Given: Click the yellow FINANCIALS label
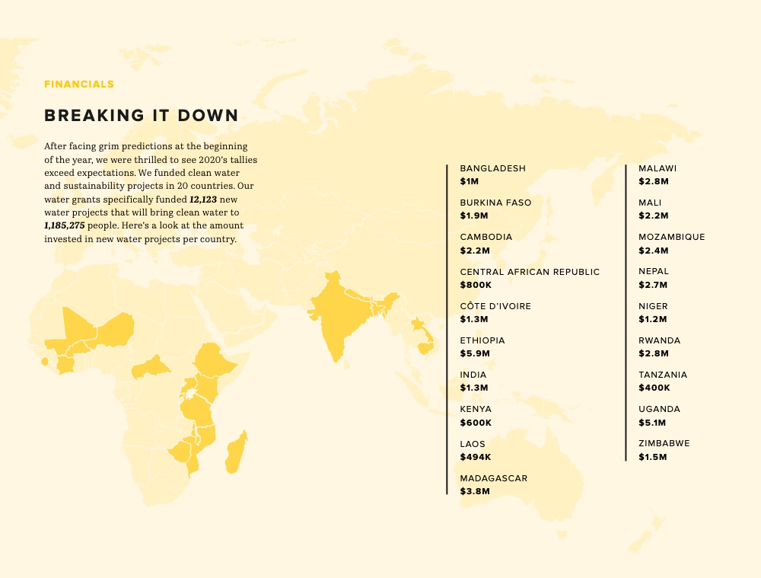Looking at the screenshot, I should coord(79,85).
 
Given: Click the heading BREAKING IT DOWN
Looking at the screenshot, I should coord(142,116).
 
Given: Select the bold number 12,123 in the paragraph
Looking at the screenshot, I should coord(203,199).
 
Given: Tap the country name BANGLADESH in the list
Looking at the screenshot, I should coord(492,168).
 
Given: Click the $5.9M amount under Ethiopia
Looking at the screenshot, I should coord(475,353).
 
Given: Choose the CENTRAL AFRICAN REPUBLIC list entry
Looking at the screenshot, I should coord(530,272).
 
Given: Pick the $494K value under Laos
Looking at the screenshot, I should coord(476,457).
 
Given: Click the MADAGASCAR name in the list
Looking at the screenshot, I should coord(493,478).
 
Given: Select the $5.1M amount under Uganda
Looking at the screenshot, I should coord(652,423).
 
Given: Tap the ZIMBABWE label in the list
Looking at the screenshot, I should coord(664,443).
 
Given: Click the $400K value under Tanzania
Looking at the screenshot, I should coord(654,388).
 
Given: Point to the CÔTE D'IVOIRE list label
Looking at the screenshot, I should coord(495,306).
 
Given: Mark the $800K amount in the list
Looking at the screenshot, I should coord(476,285).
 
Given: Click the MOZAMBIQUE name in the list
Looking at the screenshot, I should coord(671,237).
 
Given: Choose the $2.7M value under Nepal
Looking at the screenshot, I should coord(653,285).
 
